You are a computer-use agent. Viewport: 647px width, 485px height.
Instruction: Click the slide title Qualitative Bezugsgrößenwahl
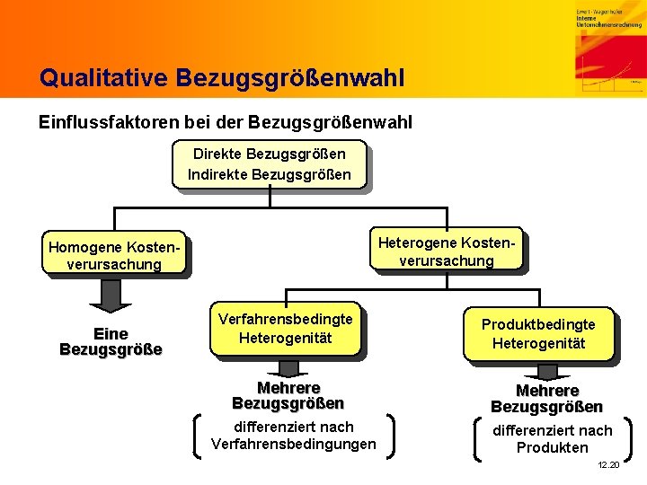tap(222, 78)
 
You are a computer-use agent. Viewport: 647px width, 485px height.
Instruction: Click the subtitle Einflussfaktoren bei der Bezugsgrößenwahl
tap(226, 121)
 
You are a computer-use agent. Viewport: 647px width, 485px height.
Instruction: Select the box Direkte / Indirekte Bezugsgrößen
tap(270, 163)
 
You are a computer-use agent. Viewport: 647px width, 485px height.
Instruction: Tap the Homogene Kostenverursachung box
tap(114, 255)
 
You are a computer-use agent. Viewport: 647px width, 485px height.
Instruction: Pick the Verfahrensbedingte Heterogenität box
tap(286, 328)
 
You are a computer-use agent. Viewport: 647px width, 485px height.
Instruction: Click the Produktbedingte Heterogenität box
tap(538, 333)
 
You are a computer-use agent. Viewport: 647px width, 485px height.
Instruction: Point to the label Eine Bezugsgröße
tap(111, 341)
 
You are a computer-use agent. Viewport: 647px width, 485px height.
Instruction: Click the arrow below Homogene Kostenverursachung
tap(111, 294)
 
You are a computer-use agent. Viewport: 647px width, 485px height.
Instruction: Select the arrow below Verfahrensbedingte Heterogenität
tap(288, 368)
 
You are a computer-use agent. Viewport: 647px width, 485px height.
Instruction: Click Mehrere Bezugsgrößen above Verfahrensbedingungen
tap(288, 396)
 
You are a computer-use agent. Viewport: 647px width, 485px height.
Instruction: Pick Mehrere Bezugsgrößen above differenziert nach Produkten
tap(545, 399)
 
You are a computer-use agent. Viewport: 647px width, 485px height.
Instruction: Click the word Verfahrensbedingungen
tap(294, 444)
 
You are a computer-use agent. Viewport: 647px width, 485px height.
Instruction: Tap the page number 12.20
tap(607, 464)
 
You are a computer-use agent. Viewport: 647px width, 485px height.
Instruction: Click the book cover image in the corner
tap(608, 48)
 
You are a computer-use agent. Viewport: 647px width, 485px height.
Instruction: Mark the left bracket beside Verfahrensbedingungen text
tap(197, 436)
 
